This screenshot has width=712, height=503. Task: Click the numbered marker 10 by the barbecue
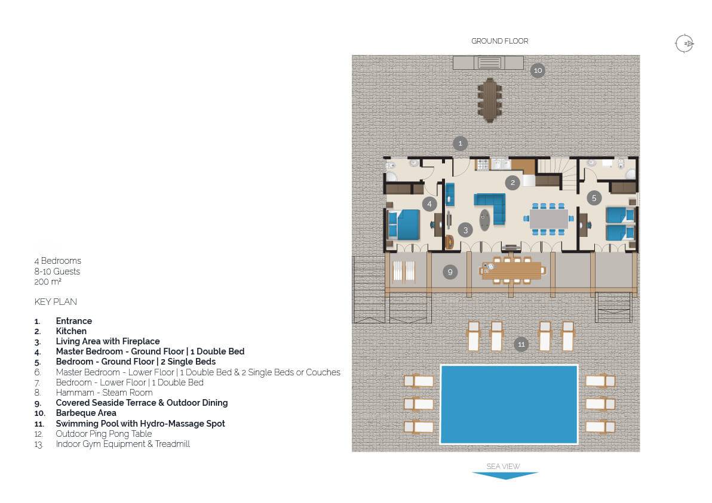pyautogui.click(x=538, y=70)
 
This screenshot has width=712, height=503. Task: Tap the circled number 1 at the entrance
pyautogui.click(x=460, y=143)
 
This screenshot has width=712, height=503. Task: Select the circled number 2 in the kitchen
pyautogui.click(x=512, y=183)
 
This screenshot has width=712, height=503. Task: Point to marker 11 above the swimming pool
pyautogui.click(x=521, y=344)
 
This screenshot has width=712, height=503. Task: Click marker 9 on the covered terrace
pyautogui.click(x=450, y=272)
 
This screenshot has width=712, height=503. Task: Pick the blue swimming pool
pyautogui.click(x=509, y=404)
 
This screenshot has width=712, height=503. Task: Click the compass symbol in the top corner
pyautogui.click(x=685, y=44)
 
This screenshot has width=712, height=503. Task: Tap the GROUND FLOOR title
pyautogui.click(x=499, y=41)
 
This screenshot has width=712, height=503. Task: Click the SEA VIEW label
pyautogui.click(x=503, y=466)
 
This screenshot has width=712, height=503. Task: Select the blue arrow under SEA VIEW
pyautogui.click(x=505, y=475)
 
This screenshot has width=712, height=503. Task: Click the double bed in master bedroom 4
pyautogui.click(x=404, y=224)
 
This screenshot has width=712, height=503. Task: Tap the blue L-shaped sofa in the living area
pyautogui.click(x=492, y=207)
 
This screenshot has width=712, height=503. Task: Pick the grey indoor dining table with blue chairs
pyautogui.click(x=548, y=218)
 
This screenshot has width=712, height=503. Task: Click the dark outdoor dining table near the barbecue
pyautogui.click(x=490, y=100)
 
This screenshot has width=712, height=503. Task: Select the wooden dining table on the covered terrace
pyautogui.click(x=512, y=271)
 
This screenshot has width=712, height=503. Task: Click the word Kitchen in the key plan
pyautogui.click(x=71, y=331)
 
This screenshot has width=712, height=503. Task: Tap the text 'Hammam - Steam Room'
pyautogui.click(x=104, y=393)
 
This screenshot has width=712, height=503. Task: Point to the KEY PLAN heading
pyautogui.click(x=56, y=301)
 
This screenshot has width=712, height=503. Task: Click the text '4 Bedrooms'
pyautogui.click(x=58, y=261)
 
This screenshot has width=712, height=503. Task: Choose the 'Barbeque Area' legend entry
pyautogui.click(x=86, y=413)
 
